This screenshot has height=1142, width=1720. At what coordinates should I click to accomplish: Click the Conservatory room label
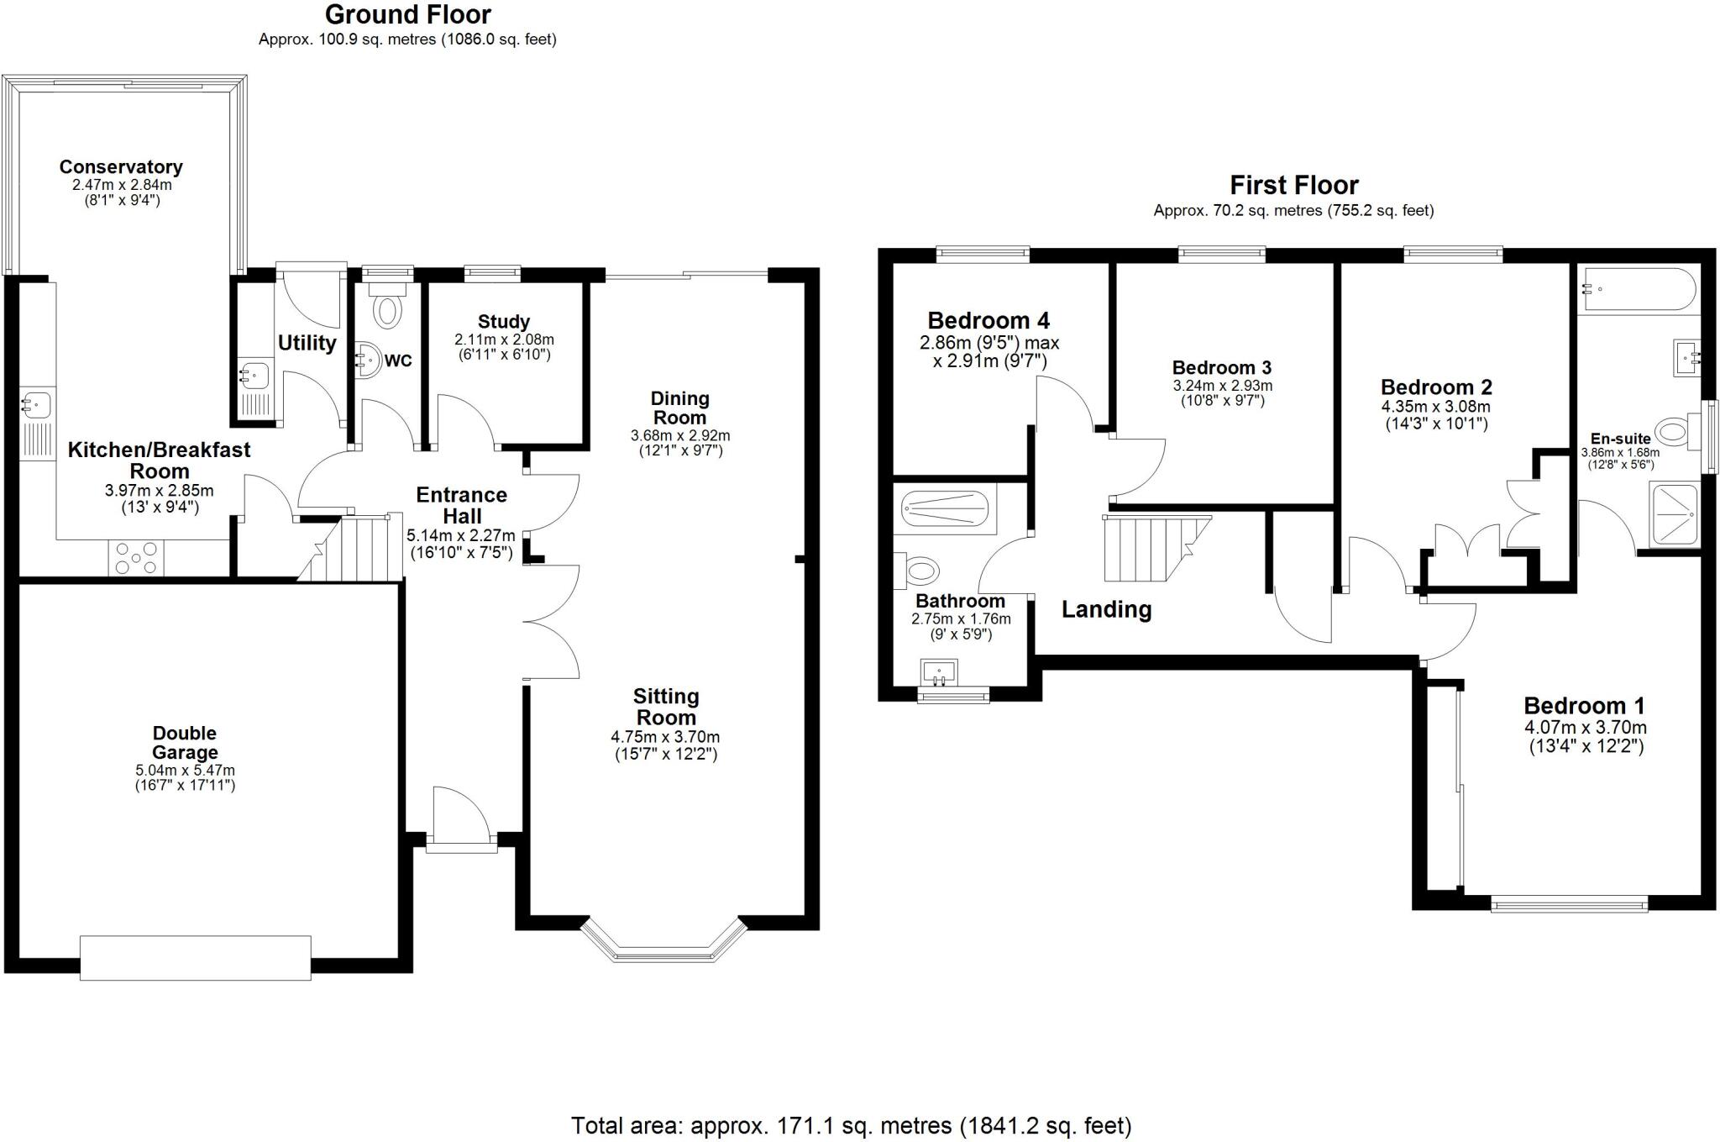click(121, 167)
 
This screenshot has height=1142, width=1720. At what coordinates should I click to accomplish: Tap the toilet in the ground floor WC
click(387, 308)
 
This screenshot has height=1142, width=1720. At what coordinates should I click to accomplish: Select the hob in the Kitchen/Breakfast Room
click(136, 558)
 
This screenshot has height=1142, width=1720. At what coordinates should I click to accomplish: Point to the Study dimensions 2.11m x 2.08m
click(504, 339)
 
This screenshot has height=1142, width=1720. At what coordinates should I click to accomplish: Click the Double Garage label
click(185, 743)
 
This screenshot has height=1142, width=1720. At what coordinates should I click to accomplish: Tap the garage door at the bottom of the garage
click(195, 958)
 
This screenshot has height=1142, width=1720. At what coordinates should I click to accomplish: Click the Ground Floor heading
click(407, 14)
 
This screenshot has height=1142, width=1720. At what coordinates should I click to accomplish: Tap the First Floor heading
click(1293, 185)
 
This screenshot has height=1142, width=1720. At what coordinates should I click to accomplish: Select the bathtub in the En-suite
click(1637, 290)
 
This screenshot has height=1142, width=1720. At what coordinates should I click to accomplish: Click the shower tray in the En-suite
click(1675, 514)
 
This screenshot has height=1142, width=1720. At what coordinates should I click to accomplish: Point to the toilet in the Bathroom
click(919, 571)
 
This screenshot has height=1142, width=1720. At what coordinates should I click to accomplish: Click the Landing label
click(1106, 609)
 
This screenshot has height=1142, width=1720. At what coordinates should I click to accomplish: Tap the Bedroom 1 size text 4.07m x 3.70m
click(1585, 728)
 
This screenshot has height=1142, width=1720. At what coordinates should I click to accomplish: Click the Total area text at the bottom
click(851, 1125)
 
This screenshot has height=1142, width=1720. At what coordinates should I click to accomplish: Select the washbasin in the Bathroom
click(940, 672)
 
